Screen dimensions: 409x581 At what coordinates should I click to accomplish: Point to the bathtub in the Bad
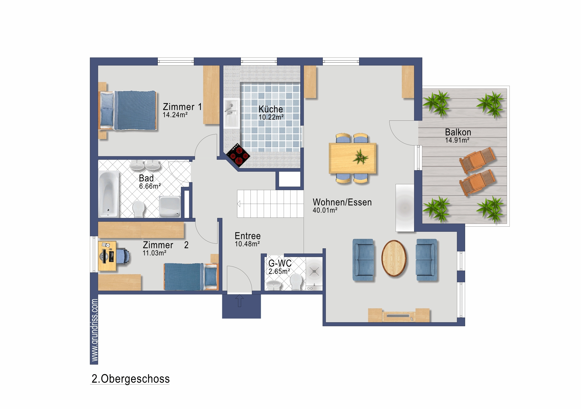[109, 194]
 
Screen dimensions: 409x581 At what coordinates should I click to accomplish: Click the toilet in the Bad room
[138, 209]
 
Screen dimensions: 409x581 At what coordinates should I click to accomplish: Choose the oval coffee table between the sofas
[394, 258]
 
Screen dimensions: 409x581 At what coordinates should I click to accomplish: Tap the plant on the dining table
[360, 157]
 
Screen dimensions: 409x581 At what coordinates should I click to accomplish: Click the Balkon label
[458, 132]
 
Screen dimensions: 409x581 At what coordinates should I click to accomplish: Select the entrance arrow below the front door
[239, 301]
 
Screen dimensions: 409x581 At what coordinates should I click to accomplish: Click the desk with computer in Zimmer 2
[107, 256]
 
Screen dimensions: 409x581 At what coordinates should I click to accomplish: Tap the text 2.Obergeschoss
[130, 379]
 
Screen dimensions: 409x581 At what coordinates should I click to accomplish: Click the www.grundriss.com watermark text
[94, 330]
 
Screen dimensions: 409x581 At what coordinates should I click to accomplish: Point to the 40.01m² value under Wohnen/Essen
[325, 210]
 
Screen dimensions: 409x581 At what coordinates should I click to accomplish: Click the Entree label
[247, 236]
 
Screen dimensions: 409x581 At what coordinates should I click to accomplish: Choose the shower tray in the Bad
[169, 207]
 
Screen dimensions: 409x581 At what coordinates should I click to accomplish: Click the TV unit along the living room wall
[399, 315]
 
